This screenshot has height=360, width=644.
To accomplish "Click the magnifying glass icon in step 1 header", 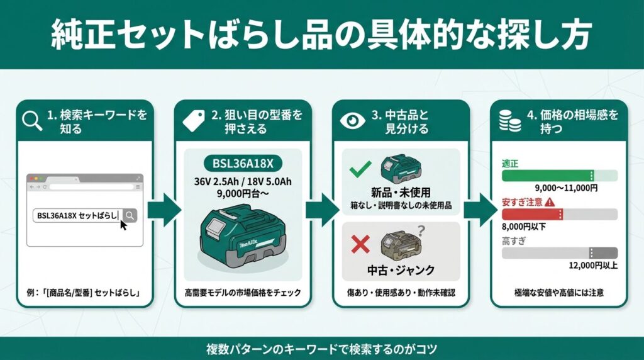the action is pyautogui.click(x=31, y=120).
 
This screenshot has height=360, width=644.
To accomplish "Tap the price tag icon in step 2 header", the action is pyautogui.click(x=194, y=121).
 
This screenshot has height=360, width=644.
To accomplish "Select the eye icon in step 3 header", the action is pyautogui.click(x=352, y=120).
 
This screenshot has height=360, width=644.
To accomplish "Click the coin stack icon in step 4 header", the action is pyautogui.click(x=509, y=121).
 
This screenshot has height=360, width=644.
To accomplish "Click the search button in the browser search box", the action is pyautogui.click(x=130, y=215).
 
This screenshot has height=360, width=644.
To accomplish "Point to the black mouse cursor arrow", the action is pyautogui.click(x=123, y=225).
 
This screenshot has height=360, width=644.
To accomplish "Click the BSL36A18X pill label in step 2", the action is pyautogui.click(x=243, y=164).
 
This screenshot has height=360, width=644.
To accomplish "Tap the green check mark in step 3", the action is pyautogui.click(x=360, y=169).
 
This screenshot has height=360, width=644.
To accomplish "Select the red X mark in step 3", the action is pyautogui.click(x=360, y=244).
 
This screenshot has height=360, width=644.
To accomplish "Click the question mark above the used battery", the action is pyautogui.click(x=421, y=230).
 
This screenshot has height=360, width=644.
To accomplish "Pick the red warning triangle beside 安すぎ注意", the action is pyautogui.click(x=550, y=202).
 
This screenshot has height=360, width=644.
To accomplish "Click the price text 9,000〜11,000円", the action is pyautogui.click(x=566, y=188).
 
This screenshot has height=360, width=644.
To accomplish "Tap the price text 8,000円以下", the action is pyautogui.click(x=524, y=227).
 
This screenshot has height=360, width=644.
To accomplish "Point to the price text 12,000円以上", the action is pyautogui.click(x=592, y=266).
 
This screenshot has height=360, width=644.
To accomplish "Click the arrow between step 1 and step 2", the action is pyautogui.click(x=164, y=210).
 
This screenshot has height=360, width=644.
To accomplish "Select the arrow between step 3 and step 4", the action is pyautogui.click(x=480, y=210).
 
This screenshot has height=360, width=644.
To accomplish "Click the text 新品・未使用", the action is pyautogui.click(x=401, y=193).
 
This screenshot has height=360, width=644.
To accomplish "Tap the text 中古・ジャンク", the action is pyautogui.click(x=401, y=270).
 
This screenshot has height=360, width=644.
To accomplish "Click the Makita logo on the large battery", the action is pyautogui.click(x=249, y=245).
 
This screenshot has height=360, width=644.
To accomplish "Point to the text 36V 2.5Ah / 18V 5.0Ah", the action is pyautogui.click(x=243, y=182).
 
